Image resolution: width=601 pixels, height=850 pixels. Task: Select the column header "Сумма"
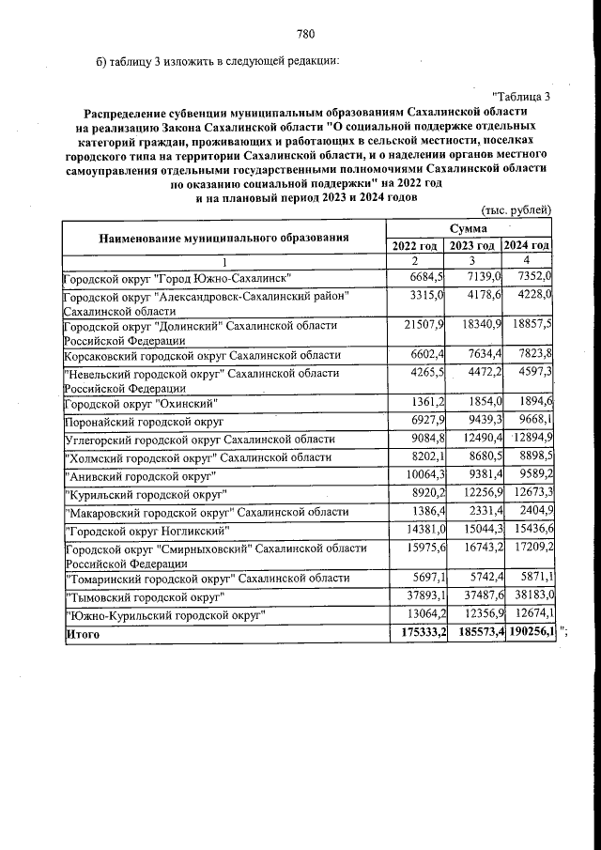click(x=468, y=228)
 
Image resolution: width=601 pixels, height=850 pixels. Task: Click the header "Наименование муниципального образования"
click(x=223, y=237)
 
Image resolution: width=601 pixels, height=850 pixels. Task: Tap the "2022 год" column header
click(x=415, y=245)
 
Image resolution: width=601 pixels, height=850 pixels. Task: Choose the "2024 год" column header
click(x=527, y=245)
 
